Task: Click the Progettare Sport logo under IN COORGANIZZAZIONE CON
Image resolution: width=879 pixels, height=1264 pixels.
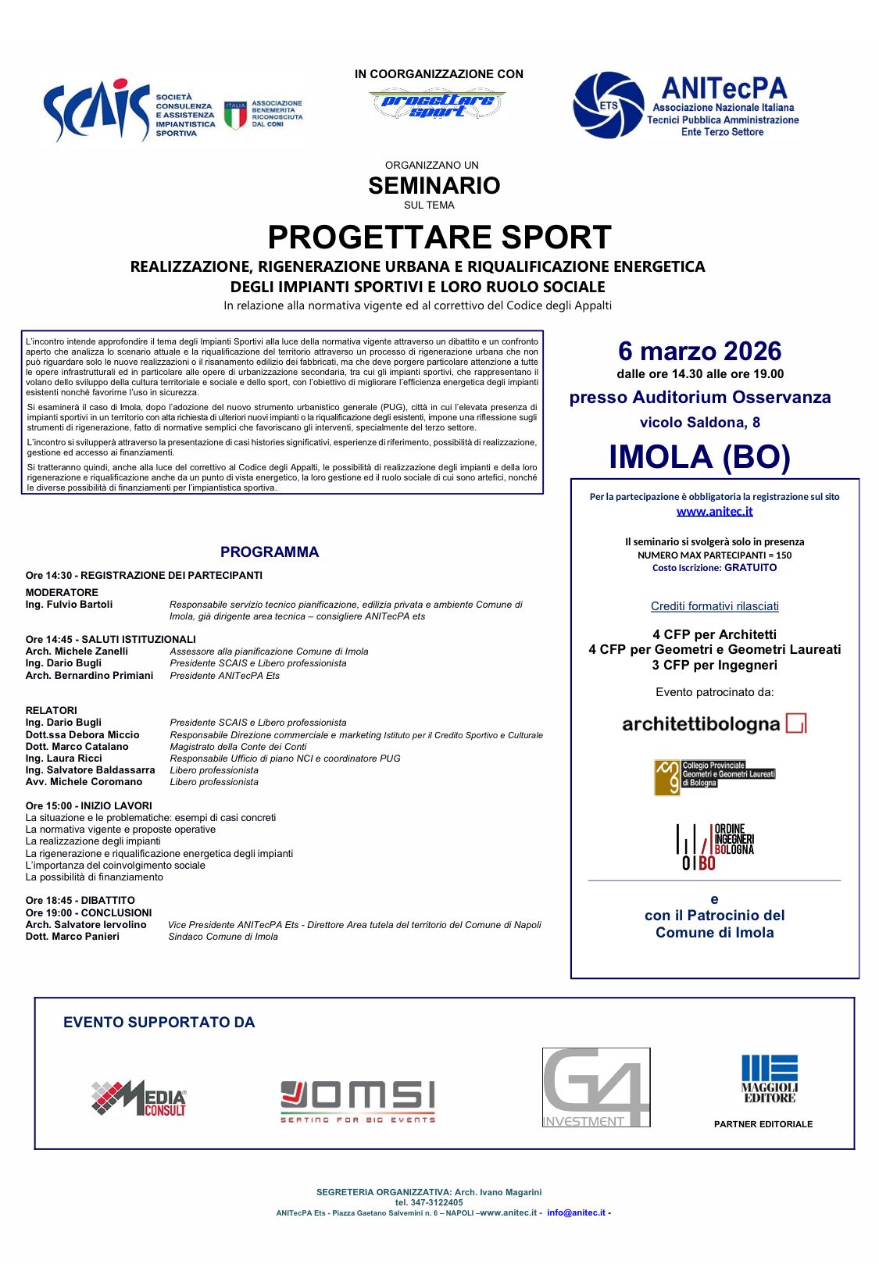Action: coord(438,104)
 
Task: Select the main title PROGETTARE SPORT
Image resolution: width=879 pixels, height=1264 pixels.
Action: coord(439,237)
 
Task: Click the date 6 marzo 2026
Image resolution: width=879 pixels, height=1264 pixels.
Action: coord(699,351)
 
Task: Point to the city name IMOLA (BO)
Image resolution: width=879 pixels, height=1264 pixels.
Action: coord(699,457)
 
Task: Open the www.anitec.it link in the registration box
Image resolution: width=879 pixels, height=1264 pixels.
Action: coord(714,511)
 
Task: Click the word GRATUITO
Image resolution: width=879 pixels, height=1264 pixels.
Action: coord(750,568)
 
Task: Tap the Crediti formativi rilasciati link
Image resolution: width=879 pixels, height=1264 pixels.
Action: coord(714,606)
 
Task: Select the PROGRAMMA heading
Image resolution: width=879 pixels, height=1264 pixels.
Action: coord(270,552)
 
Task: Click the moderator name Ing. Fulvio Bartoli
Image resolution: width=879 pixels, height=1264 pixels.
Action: coord(69,605)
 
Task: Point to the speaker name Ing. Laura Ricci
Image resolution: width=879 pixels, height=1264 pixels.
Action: coord(63,758)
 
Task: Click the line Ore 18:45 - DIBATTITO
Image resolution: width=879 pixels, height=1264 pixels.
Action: coord(80,901)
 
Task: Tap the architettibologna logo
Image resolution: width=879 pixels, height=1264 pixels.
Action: coord(714,724)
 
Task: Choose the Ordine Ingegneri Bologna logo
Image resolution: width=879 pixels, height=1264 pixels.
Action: coord(714,846)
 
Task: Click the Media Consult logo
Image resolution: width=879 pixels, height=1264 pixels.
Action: coord(139,1098)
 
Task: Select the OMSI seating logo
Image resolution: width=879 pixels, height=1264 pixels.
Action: coord(357,1100)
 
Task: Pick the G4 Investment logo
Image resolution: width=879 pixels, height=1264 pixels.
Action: coord(596,1087)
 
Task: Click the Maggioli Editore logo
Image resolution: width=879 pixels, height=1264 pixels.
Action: coord(769,1078)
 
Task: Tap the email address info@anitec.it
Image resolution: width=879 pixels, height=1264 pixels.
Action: coord(576,1212)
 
